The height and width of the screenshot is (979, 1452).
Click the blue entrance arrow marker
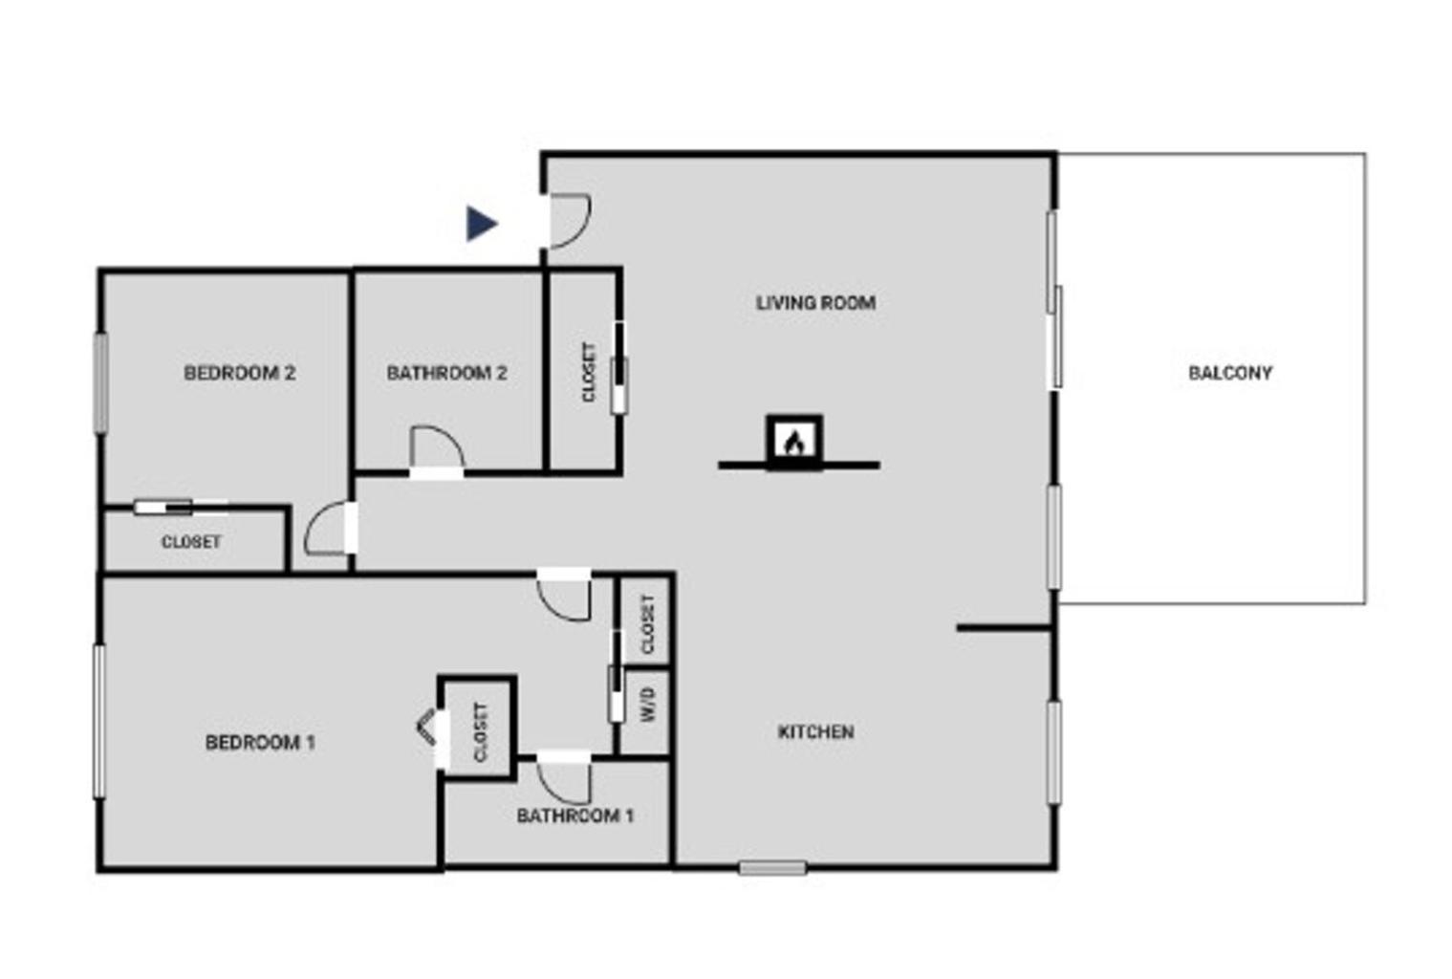coord(481,224)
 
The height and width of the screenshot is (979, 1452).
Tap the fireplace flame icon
coord(794,444)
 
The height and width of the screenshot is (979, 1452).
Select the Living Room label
coord(815,303)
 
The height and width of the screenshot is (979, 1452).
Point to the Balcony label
coord(1230,373)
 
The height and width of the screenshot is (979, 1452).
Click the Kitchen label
coord(815,732)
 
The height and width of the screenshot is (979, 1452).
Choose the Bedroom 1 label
coord(261,742)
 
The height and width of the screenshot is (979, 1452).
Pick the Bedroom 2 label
coord(240,373)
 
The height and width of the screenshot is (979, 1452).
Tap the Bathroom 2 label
coord(446,373)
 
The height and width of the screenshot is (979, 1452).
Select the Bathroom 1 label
coord(574,816)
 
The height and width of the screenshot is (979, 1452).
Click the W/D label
coord(647,705)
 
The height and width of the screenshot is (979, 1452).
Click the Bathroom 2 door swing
coord(437,446)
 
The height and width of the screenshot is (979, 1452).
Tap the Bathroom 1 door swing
coord(564,784)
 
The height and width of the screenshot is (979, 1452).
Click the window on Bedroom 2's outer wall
coord(100,382)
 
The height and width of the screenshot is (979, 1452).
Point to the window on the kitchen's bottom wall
coord(772,868)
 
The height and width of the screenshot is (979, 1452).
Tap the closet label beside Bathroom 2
coord(588,372)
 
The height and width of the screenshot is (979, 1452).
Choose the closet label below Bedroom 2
coord(191,541)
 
